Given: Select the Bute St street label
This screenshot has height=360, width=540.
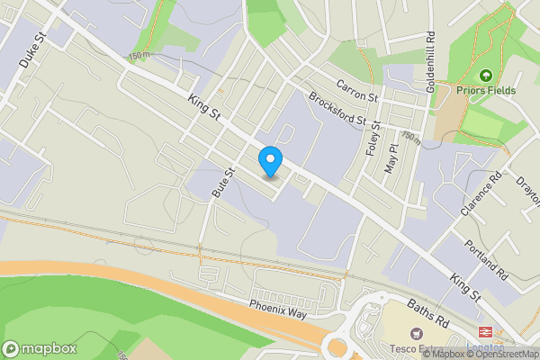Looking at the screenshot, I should (222, 182).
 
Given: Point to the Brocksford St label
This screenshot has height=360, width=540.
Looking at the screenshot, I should (337, 109).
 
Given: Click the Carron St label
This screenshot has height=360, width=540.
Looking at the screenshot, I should (359, 89).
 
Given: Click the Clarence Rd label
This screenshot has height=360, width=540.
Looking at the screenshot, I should (479, 193).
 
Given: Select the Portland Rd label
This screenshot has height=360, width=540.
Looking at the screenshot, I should (487, 259).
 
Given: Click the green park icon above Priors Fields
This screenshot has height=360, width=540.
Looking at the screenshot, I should (486, 76).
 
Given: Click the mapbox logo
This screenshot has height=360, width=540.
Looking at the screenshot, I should (40, 348).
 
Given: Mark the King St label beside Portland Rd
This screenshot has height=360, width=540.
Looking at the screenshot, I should (466, 288).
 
